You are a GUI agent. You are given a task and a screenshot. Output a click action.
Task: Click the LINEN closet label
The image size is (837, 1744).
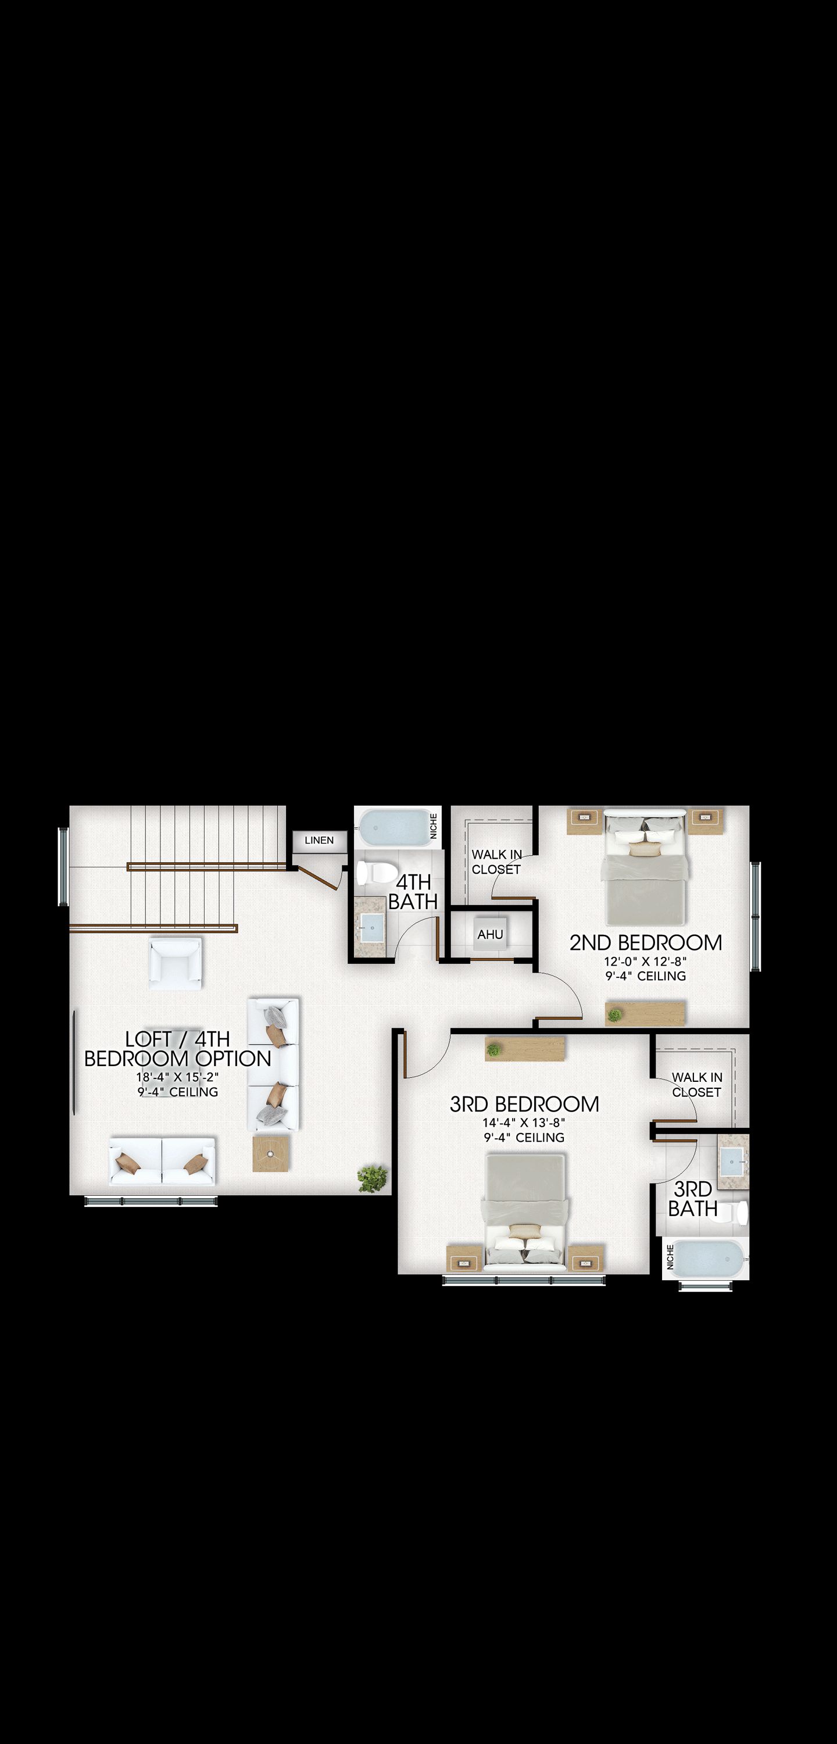(319, 840)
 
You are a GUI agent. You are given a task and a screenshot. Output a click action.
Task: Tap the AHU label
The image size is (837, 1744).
(489, 935)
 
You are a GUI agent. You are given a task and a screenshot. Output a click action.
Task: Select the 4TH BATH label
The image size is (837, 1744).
(413, 892)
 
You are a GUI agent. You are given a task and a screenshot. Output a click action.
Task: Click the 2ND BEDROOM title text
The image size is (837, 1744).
(645, 942)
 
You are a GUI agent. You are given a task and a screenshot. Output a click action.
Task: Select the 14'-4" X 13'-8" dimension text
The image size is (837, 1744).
(524, 1123)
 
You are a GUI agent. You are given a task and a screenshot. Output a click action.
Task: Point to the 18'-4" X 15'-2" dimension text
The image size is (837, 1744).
(177, 1077)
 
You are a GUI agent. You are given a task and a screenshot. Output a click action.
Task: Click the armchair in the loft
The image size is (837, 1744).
(176, 963)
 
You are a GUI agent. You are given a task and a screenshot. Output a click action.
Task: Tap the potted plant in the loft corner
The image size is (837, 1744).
(373, 1179)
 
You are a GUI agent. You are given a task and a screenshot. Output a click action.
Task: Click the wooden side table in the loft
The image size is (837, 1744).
(271, 1153)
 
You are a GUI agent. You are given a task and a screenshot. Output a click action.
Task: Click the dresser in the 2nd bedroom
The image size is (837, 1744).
(645, 1013)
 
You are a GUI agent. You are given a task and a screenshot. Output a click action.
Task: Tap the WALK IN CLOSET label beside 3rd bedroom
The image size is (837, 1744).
(697, 1085)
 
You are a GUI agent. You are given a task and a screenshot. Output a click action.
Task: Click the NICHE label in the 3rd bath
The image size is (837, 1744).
(670, 1257)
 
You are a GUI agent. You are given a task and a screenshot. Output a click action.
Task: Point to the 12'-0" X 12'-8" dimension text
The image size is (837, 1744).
(645, 961)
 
